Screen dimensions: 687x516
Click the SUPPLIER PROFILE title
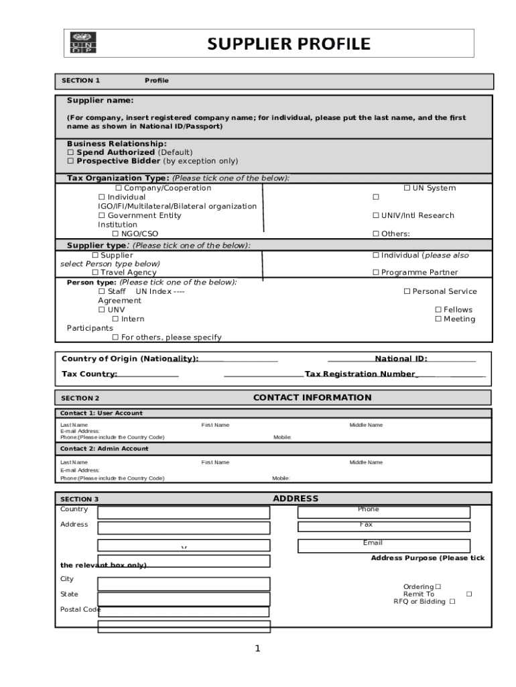pyautogui.click(x=288, y=44)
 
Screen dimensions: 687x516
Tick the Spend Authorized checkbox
pyautogui.click(x=70, y=153)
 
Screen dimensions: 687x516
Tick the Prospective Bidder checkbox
pyautogui.click(x=70, y=162)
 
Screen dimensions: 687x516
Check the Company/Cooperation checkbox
pyautogui.click(x=119, y=189)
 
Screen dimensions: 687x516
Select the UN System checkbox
pyautogui.click(x=407, y=189)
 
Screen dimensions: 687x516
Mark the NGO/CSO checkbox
pyautogui.click(x=115, y=234)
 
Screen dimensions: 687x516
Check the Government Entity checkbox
pyautogui.click(x=102, y=216)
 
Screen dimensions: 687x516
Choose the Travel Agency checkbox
pyautogui.click(x=95, y=273)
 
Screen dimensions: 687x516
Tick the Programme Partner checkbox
pyautogui.click(x=376, y=273)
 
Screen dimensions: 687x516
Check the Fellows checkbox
pyautogui.click(x=438, y=310)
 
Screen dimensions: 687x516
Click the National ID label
pyautogui.click(x=401, y=359)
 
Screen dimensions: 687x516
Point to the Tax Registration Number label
pyautogui.click(x=360, y=374)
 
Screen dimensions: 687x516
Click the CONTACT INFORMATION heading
pyautogui.click(x=312, y=398)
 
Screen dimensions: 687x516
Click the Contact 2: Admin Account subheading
pyautogui.click(x=105, y=448)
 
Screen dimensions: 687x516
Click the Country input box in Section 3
pyautogui.click(x=184, y=513)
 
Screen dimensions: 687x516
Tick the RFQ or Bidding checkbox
pyautogui.click(x=452, y=602)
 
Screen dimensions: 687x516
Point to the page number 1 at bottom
pyautogui.click(x=256, y=648)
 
